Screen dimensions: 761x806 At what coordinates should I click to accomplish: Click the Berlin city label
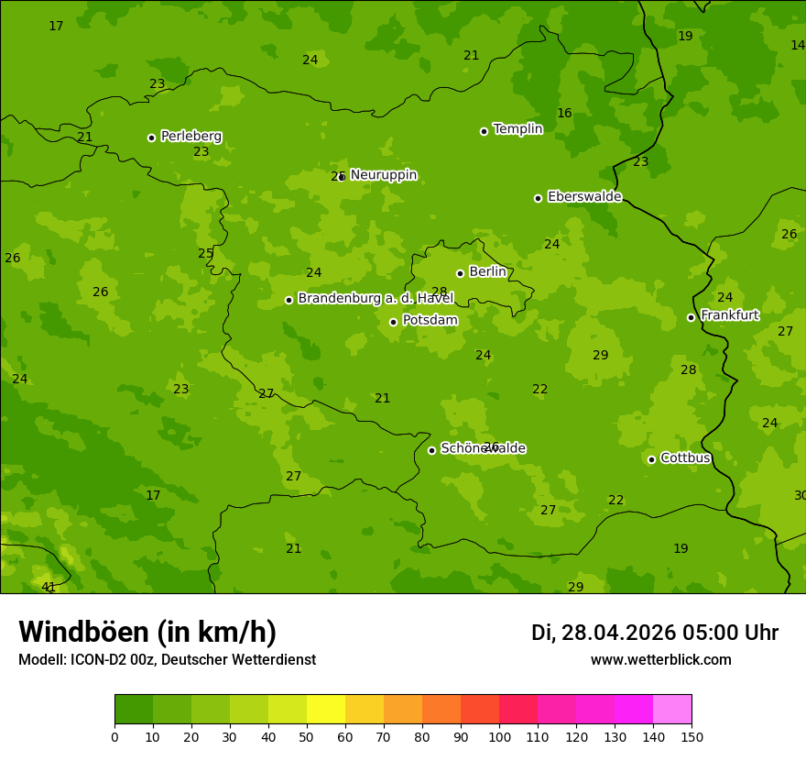pos(487,272)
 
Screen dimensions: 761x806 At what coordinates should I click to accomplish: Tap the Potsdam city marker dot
pos(394,322)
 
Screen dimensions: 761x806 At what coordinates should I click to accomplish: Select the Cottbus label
pos(685,458)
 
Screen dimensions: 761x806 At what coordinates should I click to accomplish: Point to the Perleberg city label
pos(191,137)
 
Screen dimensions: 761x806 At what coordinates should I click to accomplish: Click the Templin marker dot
pos(484,131)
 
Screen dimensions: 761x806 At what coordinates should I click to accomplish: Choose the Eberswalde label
pos(584,197)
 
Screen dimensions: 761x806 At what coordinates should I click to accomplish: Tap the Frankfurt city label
pos(729,315)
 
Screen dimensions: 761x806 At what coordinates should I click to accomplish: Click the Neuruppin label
pos(383,175)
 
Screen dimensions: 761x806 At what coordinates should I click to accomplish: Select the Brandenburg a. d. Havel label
pos(376,299)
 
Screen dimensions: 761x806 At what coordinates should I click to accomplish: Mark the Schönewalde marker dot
pos(432,450)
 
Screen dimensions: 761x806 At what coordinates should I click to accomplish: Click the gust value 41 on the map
pos(49,587)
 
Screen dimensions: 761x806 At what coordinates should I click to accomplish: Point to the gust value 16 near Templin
pos(564,114)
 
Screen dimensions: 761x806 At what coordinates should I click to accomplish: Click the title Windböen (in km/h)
pos(147,632)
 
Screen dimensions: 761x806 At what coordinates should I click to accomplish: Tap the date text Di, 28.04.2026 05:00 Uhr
pos(655,633)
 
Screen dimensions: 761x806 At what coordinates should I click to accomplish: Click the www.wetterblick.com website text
pos(660,660)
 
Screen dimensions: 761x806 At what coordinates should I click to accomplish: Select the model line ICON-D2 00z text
pos(167,660)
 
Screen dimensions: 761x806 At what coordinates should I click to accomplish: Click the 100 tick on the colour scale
pos(499,736)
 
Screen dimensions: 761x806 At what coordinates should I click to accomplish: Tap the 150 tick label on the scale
pos(691,736)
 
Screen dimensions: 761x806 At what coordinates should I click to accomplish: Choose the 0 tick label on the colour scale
pos(114,736)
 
